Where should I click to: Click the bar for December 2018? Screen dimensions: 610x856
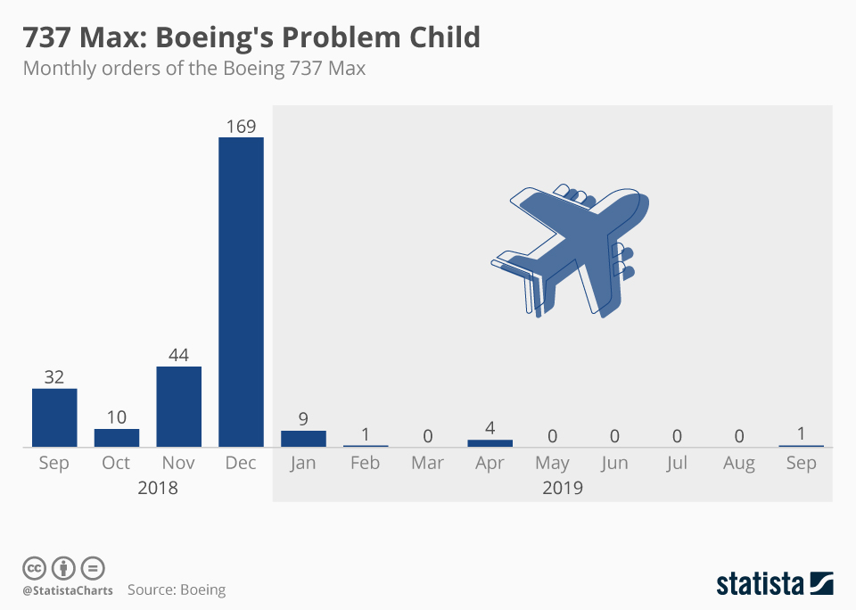[x=241, y=292]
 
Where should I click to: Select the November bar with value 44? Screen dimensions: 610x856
[x=178, y=407]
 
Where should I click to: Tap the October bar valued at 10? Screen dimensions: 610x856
[x=117, y=438]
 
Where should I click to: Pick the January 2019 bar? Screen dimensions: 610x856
[x=303, y=438]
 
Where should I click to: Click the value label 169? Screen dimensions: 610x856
[x=241, y=126]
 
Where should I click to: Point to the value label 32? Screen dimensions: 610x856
[x=54, y=377]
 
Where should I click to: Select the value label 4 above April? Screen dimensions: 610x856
[x=490, y=428]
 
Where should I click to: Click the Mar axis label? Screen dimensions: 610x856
[x=428, y=463]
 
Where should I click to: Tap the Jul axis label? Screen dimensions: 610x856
[x=677, y=463]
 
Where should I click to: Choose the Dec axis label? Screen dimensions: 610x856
[x=241, y=463]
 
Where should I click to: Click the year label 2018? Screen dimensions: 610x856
[x=158, y=488]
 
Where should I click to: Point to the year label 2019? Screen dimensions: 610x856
[x=562, y=488]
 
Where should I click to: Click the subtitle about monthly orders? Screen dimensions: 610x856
[x=193, y=68]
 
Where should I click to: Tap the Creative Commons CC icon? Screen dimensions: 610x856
[x=34, y=567]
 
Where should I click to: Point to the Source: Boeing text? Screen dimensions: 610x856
[x=177, y=589]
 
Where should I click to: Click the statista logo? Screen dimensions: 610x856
[x=774, y=584]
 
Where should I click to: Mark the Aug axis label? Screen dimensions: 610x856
[x=739, y=463]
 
